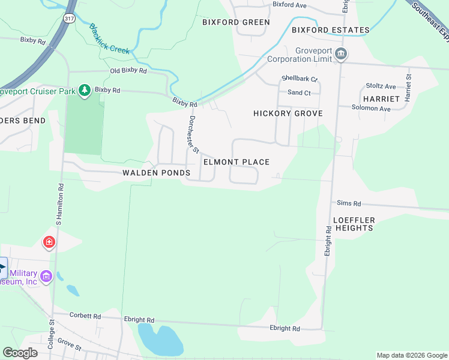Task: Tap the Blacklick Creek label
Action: (109, 38)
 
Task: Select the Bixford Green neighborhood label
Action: (236, 22)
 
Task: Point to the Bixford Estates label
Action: (330, 30)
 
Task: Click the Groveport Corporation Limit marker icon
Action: (341, 55)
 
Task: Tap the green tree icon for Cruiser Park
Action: (85, 90)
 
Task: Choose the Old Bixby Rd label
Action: (128, 71)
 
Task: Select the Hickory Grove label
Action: (288, 113)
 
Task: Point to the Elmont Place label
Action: (237, 162)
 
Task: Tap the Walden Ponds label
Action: (157, 173)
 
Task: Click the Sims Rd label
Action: (349, 203)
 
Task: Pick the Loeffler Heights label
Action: (354, 224)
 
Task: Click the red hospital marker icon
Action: (49, 242)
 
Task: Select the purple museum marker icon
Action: (46, 277)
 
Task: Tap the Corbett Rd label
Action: (85, 316)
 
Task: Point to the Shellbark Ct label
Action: (299, 79)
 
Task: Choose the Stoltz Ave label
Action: (382, 86)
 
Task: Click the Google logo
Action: (20, 353)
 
